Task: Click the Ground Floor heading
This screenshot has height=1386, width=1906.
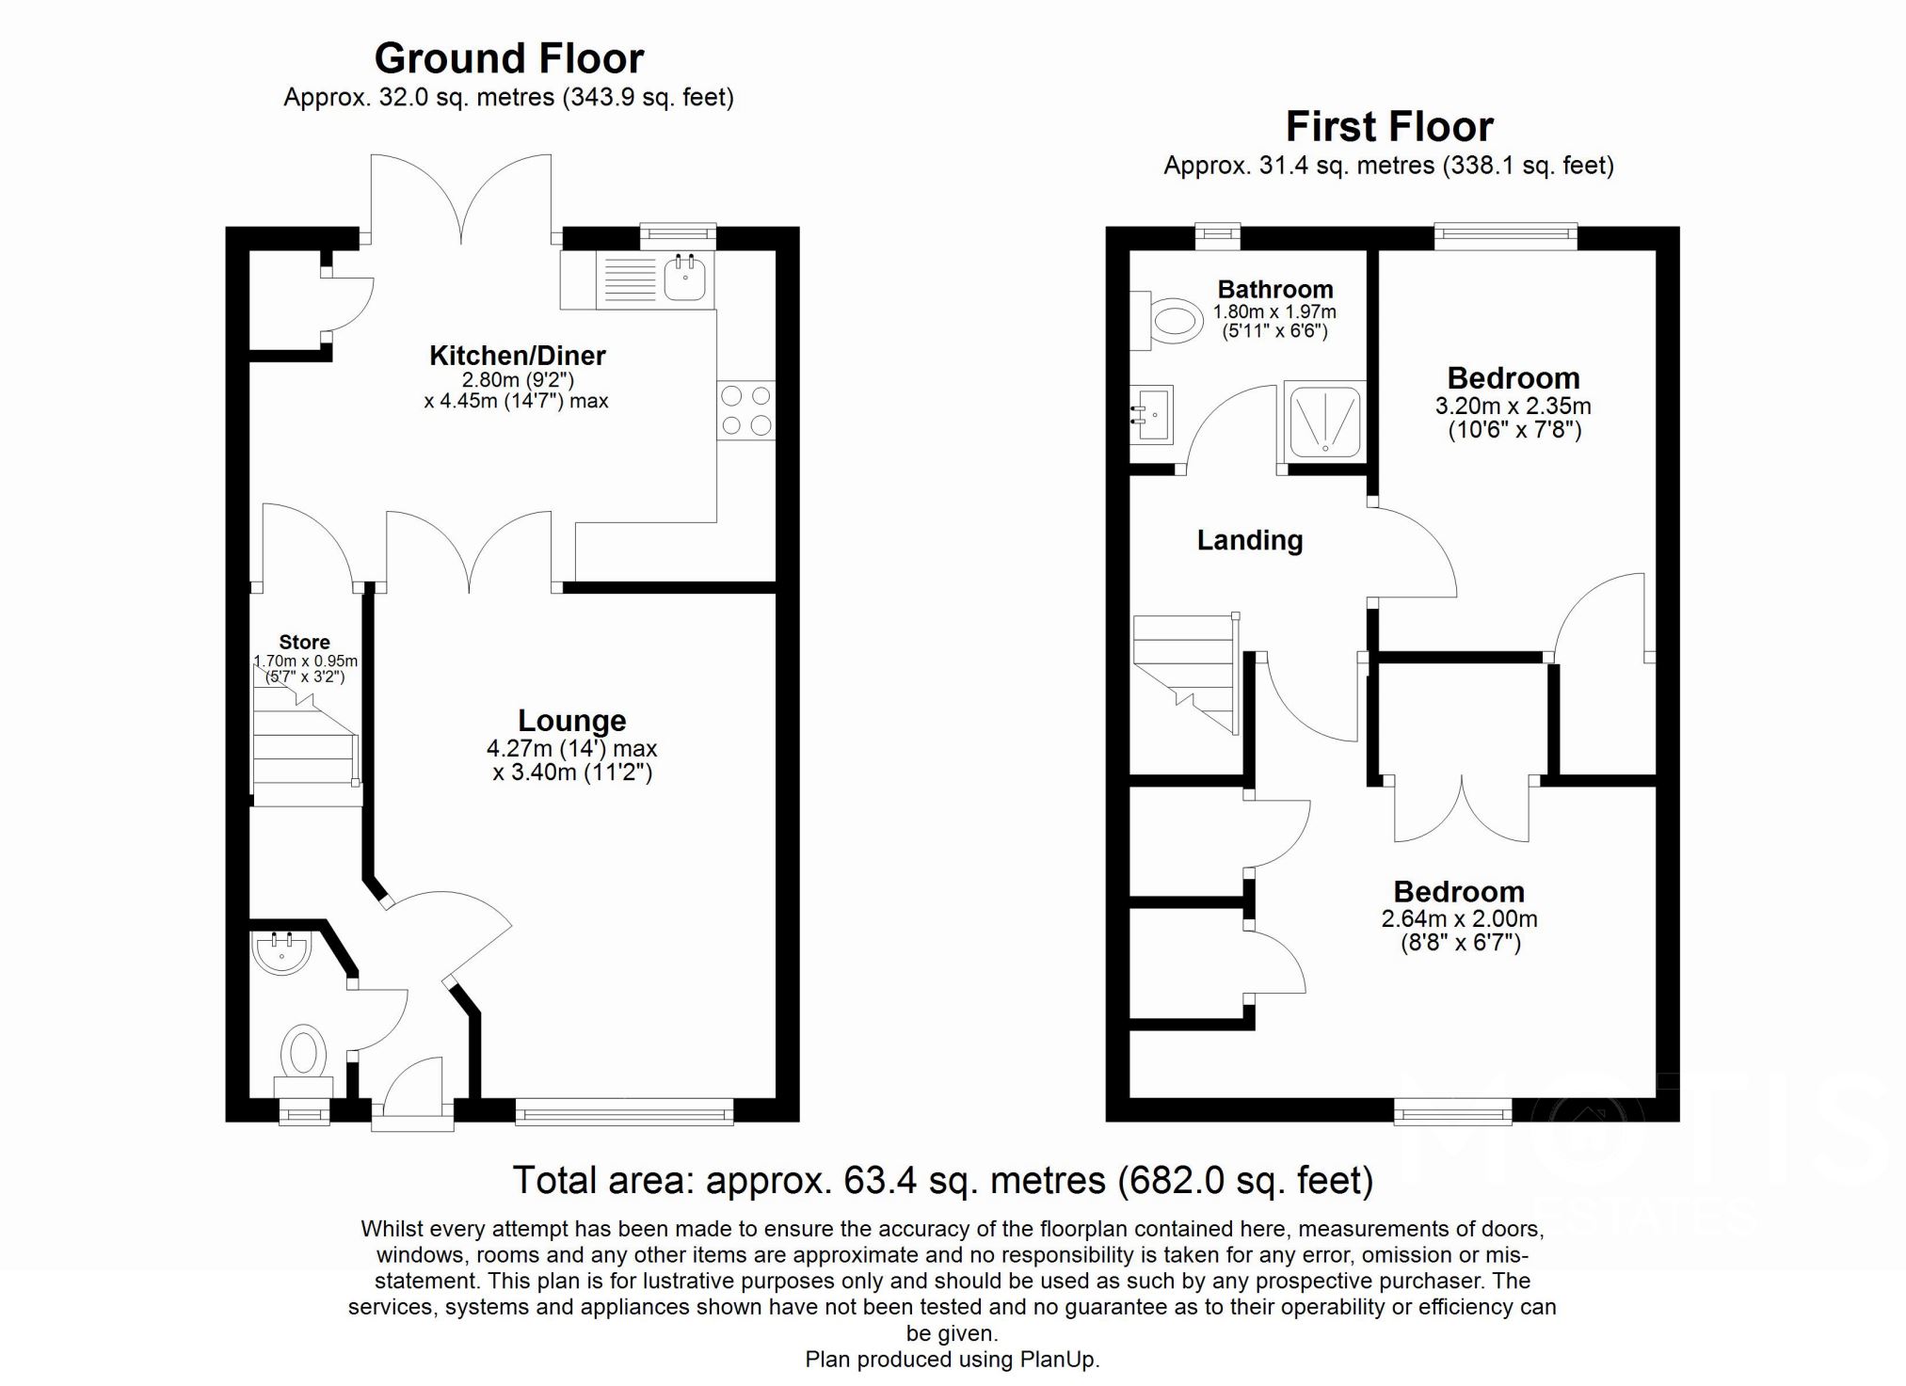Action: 508,58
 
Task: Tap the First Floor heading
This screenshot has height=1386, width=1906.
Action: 1389,126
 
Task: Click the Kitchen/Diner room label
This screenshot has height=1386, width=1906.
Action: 517,356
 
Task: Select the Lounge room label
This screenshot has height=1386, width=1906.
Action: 571,721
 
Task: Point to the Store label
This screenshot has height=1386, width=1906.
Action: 304,642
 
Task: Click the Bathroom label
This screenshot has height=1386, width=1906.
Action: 1274,289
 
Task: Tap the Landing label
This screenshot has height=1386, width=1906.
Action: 1249,540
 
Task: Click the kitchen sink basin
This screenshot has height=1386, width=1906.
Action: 684,278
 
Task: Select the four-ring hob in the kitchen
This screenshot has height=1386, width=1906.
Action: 745,410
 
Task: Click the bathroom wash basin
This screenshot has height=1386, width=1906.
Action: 1150,413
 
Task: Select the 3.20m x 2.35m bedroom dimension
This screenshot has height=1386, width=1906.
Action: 1513,406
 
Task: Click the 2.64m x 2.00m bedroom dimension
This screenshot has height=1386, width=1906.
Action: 1459,919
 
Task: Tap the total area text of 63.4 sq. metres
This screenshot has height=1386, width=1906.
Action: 942,1180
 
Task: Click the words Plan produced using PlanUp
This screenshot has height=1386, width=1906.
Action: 952,1360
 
